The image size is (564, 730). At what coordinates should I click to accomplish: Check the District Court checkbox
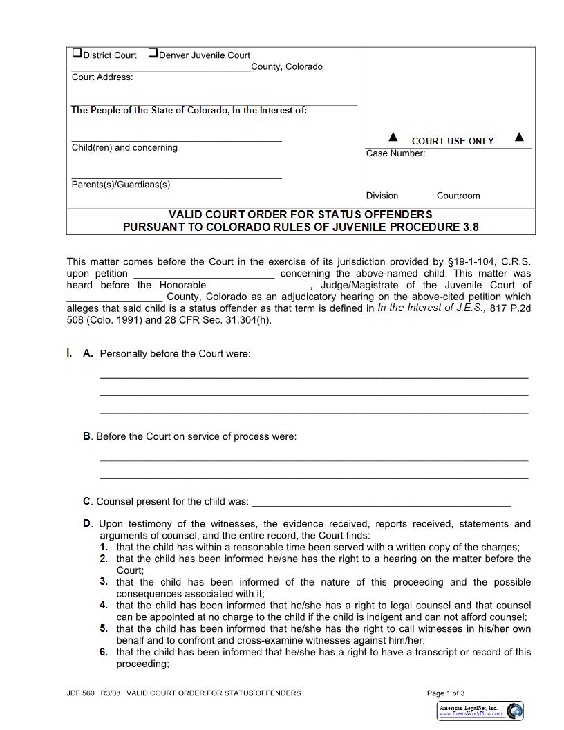point(77,53)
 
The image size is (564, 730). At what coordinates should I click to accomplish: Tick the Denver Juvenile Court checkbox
point(153,53)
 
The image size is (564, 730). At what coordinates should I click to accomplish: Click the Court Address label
point(102,77)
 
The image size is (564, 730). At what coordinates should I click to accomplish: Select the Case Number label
point(395,153)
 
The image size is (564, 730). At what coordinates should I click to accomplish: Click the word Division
point(382,196)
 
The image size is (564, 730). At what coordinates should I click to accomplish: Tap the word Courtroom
point(458,196)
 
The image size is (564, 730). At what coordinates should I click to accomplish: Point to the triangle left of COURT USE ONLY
point(393,137)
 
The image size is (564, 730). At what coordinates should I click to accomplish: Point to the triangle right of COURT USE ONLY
point(520,137)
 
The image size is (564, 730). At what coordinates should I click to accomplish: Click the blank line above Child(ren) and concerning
point(177,140)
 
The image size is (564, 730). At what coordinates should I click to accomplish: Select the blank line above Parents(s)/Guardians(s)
point(177,178)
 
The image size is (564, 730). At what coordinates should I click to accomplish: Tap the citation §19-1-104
point(475,262)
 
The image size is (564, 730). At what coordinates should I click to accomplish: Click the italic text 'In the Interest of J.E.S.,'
point(431,308)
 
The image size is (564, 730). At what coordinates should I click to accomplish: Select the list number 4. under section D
point(104,605)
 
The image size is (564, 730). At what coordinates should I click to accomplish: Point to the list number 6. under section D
point(104,652)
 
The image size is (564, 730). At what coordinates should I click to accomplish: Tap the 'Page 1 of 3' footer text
point(446,693)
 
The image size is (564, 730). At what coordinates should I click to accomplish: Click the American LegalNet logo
point(481,711)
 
